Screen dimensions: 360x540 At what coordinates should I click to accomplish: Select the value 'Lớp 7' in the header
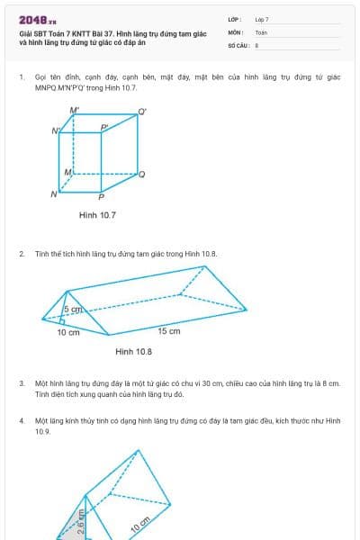[262, 19]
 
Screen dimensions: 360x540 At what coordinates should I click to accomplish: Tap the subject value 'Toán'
[261, 31]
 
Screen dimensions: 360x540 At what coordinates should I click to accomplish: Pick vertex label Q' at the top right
[142, 112]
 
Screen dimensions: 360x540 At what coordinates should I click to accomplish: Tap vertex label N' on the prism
[56, 130]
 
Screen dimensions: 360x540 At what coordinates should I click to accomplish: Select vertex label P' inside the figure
[104, 128]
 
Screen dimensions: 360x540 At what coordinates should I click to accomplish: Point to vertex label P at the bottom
[101, 196]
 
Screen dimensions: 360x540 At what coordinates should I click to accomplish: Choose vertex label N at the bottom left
[54, 193]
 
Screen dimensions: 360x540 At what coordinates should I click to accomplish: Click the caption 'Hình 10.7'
[97, 216]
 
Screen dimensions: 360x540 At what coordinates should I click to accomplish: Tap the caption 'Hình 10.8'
[133, 351]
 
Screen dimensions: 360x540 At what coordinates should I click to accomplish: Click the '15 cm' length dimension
[169, 331]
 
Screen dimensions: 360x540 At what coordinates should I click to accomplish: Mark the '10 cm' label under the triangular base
[68, 332]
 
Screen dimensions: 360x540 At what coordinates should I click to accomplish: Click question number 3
[22, 382]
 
